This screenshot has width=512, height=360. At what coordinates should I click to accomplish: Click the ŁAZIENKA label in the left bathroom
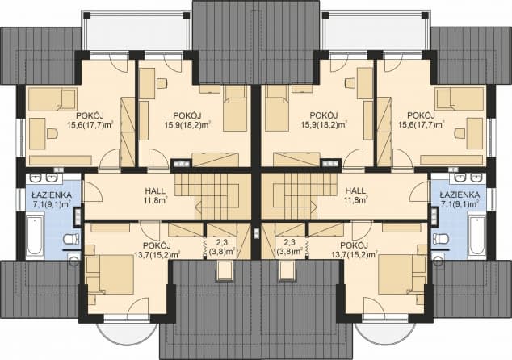coord(52,195)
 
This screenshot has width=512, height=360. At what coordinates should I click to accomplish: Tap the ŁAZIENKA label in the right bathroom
coord(460,195)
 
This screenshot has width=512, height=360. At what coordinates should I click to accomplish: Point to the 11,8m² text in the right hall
coord(356,199)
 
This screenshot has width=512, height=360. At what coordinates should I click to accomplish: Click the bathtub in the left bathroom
coord(35,234)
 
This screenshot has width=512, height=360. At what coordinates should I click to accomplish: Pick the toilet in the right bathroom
coord(440,239)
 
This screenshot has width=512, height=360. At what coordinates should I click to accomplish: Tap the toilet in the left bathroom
coord(71,239)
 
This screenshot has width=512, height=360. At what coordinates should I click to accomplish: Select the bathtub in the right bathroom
coord(476,234)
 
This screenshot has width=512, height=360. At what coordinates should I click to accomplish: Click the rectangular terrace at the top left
coord(136,31)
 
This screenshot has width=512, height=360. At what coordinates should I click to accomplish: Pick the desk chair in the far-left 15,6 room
coord(52,133)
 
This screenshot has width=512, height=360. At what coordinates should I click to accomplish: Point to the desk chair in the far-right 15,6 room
coord(460,133)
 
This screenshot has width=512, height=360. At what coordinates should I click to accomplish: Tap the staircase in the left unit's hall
coord(212,196)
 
